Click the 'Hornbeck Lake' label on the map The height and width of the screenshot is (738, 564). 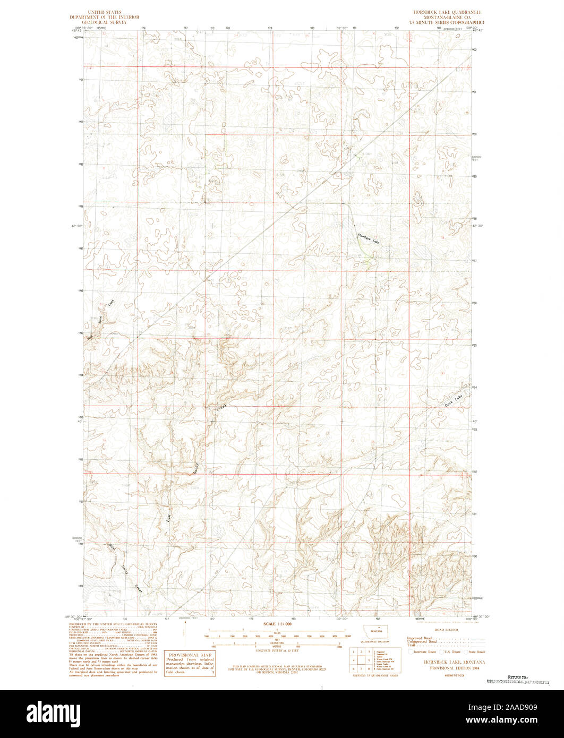pyautogui.click(x=369, y=238)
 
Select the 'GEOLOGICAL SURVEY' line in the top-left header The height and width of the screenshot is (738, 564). pyautogui.click(x=105, y=22)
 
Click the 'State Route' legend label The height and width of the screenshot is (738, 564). pyautogui.click(x=477, y=651)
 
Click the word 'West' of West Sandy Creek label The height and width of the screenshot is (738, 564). pyautogui.click(x=112, y=548)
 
